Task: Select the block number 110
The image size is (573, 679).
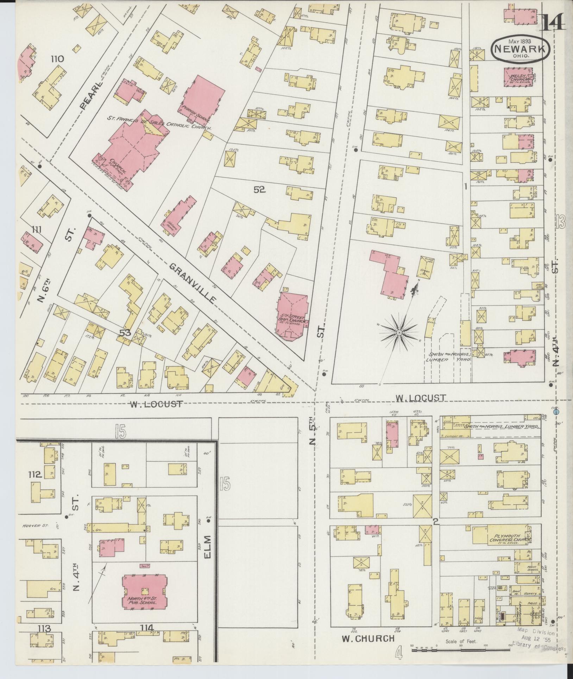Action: point(57,59)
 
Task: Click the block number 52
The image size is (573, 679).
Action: point(259,190)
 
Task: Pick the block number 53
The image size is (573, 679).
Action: point(125,333)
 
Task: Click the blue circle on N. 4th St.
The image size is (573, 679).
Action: point(556,411)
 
